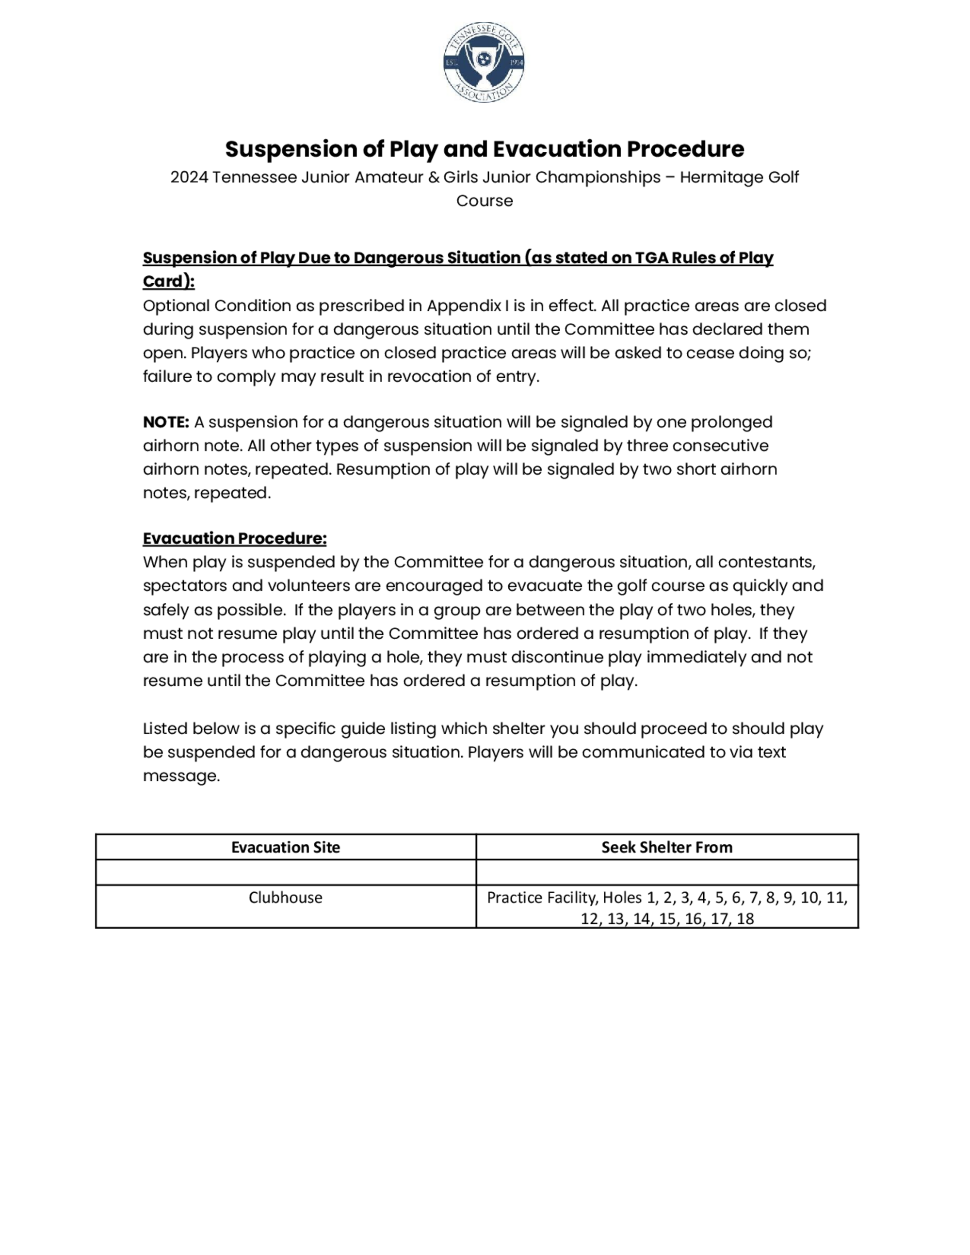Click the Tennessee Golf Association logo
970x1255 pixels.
484,63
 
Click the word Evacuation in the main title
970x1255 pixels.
557,149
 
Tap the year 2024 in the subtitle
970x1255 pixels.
189,177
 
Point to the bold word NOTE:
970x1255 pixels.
166,422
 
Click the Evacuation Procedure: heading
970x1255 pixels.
234,538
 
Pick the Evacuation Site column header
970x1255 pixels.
286,847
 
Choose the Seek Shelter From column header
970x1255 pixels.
666,847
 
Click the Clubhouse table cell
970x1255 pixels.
286,898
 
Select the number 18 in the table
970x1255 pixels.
745,919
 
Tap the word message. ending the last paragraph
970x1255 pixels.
181,776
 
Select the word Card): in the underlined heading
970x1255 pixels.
168,282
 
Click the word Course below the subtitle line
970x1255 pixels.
485,201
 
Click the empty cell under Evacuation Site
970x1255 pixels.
286,872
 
